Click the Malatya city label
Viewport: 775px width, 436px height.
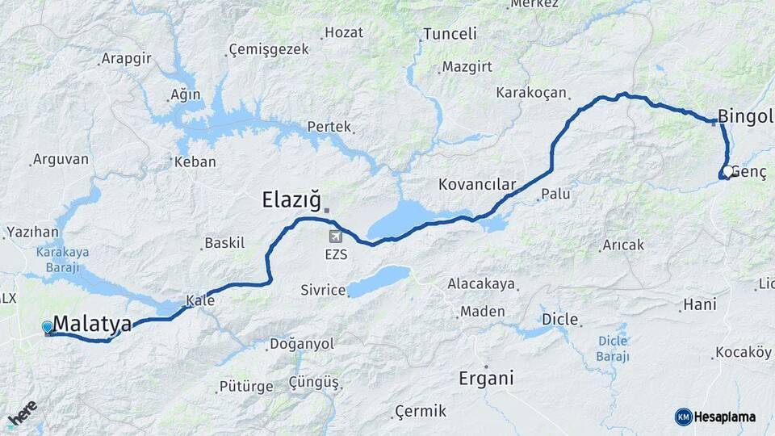point(92,325)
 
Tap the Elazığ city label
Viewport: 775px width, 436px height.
point(291,199)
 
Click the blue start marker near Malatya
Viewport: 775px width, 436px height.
point(48,327)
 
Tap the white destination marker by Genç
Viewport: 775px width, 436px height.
point(727,172)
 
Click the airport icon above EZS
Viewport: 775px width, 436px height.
point(336,237)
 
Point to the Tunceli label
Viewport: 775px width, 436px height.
point(450,34)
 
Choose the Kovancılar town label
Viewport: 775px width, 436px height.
point(476,184)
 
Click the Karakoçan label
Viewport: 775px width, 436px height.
point(531,93)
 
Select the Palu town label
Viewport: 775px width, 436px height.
point(555,194)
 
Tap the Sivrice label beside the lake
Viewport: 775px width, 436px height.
point(323,290)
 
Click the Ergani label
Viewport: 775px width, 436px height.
point(486,378)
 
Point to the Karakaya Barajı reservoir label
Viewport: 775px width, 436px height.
point(62,258)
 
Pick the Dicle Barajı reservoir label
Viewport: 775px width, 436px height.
point(612,348)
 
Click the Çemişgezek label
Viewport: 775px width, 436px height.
point(269,49)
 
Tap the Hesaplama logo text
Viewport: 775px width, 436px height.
point(723,417)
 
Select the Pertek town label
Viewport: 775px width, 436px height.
point(329,127)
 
